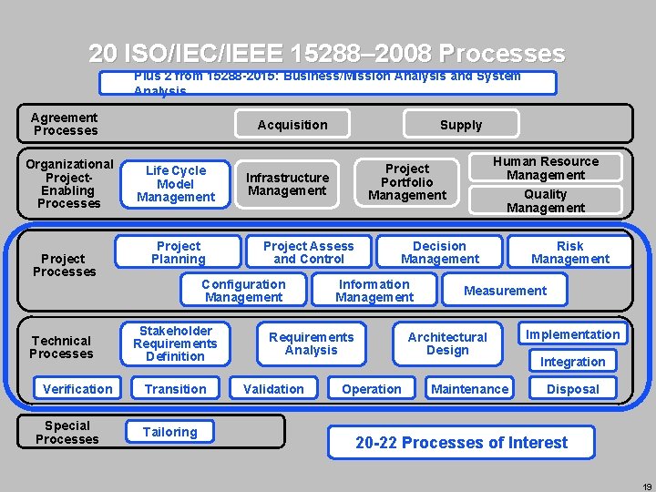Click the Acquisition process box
coord(292,125)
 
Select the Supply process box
coord(461,125)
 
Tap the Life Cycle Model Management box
coord(176,184)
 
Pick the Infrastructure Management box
coord(288,184)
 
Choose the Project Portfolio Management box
coord(407,182)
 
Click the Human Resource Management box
coord(546,168)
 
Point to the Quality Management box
coord(546,200)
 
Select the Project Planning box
coord(179,252)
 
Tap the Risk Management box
coord(570,252)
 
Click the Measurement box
coord(506,291)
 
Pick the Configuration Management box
coord(243,291)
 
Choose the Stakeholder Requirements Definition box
coord(175,343)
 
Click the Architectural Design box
coord(447,343)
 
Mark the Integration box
coord(572,362)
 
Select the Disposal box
coord(572,389)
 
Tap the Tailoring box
coord(170,432)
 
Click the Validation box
coord(273,389)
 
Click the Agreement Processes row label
coord(64,124)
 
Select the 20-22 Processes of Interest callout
coord(461,443)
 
